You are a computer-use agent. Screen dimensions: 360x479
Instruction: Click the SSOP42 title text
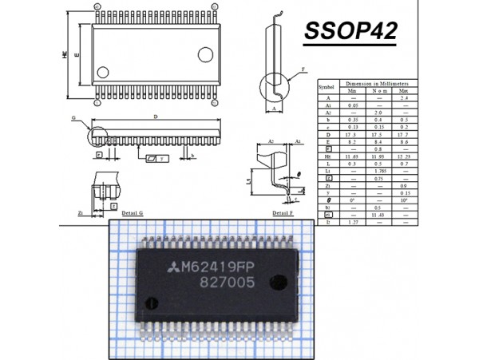350,33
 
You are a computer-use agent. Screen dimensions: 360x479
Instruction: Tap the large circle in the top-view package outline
205,54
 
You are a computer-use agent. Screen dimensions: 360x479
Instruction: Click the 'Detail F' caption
283,214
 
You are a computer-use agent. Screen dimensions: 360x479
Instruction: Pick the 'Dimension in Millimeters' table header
375,83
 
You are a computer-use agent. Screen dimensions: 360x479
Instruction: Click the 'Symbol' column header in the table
327,86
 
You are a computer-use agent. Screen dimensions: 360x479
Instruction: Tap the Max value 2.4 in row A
404,97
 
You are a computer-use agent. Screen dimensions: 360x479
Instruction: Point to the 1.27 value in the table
351,222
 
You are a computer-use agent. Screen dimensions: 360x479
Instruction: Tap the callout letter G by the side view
73,117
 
